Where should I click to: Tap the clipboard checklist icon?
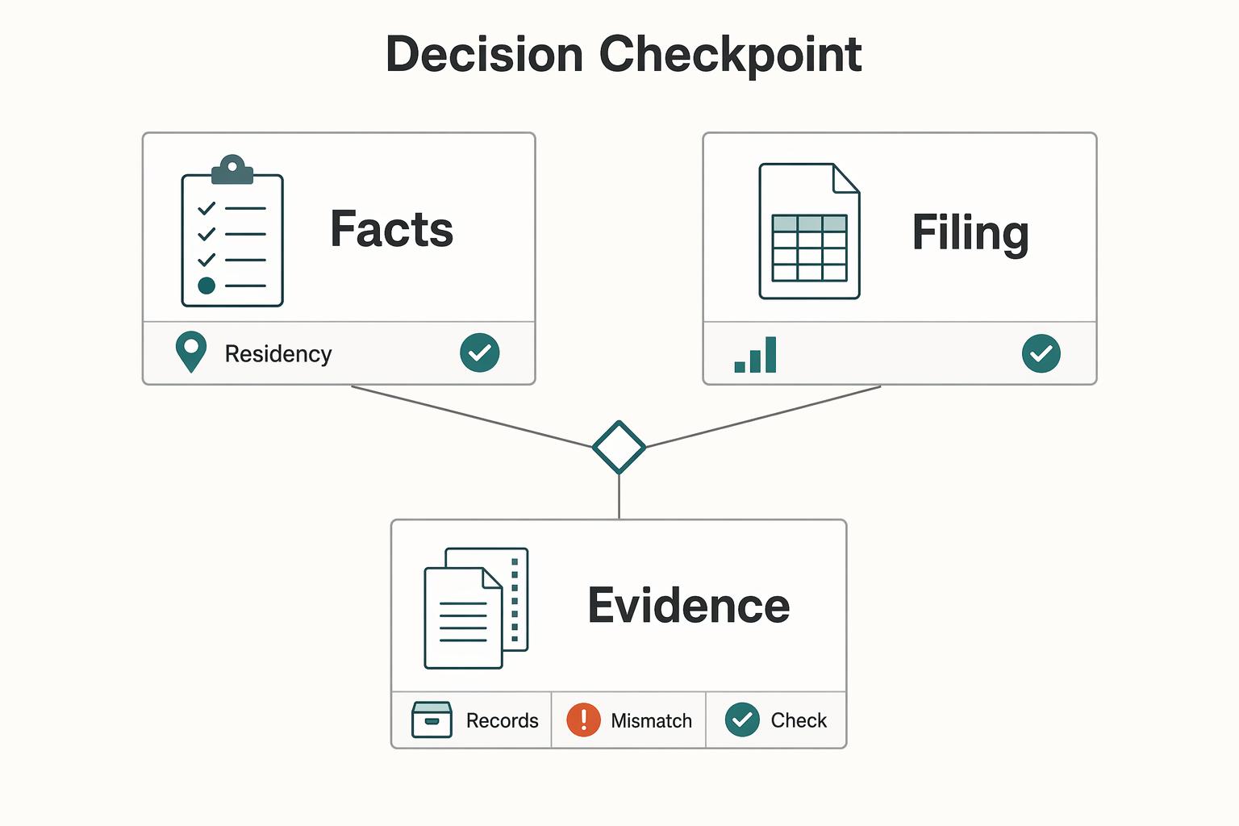pyautogui.click(x=232, y=231)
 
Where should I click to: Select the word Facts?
pyautogui.click(x=391, y=228)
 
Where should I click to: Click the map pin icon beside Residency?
pyautogui.click(x=191, y=352)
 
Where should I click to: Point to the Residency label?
pyautogui.click(x=278, y=354)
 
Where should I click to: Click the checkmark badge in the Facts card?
pyautogui.click(x=480, y=353)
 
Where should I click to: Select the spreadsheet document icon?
pyautogui.click(x=809, y=232)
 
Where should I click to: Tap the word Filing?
pyautogui.click(x=970, y=233)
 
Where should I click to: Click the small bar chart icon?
pyautogui.click(x=755, y=355)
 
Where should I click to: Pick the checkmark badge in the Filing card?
pyautogui.click(x=1041, y=353)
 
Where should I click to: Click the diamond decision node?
pyautogui.click(x=619, y=447)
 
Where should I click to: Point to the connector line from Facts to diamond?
pyautogui.click(x=471, y=416)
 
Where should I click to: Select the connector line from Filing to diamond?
pyautogui.click(x=763, y=416)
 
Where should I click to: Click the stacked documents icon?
pyautogui.click(x=476, y=608)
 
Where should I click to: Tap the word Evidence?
pyautogui.click(x=689, y=605)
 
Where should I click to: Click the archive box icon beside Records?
pyautogui.click(x=432, y=720)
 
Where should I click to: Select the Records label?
pyautogui.click(x=503, y=720)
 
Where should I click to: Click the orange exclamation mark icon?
pyautogui.click(x=583, y=720)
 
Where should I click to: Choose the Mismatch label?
pyautogui.click(x=652, y=720)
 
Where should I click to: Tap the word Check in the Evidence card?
pyautogui.click(x=799, y=720)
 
